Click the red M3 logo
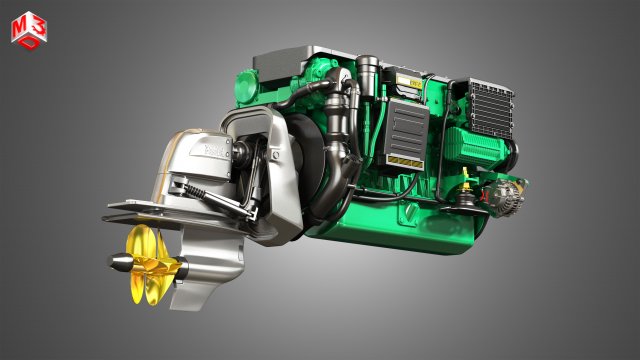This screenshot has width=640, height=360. (27, 29)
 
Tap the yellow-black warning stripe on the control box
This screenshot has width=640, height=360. (404, 161)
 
